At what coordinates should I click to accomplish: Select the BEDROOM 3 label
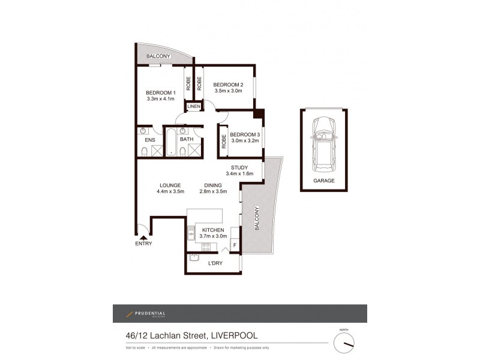coord(244,134)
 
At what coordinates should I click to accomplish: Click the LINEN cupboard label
coord(193,107)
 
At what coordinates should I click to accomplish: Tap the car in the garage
coord(324,142)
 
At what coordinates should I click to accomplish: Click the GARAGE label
coord(324,180)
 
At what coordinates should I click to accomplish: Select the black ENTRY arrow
coord(143,238)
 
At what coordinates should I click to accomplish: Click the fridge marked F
coord(234,245)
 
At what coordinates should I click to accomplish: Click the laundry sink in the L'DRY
coord(194,258)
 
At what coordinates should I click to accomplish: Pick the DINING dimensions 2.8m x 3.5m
coord(212,192)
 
